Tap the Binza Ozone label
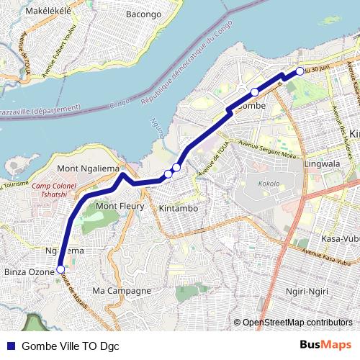pos(29,273)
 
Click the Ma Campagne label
pos(121,290)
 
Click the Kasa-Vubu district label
pos(341,238)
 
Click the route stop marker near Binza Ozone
pos(60,271)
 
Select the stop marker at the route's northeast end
pos(300,71)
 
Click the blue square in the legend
pos(9,345)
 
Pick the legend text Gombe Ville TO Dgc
pos(71,345)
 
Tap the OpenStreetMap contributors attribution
pos(297,322)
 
